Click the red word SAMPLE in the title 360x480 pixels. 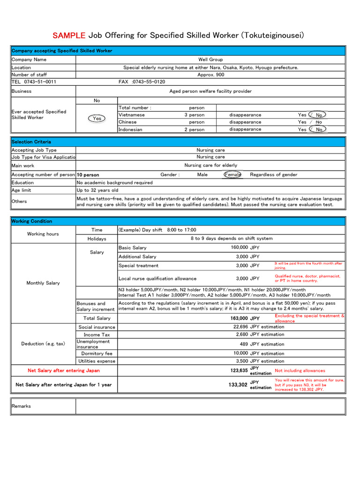(69, 35)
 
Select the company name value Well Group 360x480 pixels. (210, 60)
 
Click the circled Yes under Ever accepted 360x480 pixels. (97, 119)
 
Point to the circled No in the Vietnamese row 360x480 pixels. (319, 115)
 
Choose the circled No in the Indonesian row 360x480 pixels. (319, 129)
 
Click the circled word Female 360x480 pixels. (232, 175)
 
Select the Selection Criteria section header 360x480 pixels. (31, 142)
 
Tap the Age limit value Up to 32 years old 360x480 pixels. (97, 190)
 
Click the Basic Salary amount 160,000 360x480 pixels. (239, 247)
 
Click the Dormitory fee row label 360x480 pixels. (97, 353)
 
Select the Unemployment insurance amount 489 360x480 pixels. (243, 344)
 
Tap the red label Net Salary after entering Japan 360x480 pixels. (64, 370)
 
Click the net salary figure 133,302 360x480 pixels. (238, 385)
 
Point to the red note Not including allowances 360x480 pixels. (300, 370)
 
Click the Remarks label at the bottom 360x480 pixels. (21, 406)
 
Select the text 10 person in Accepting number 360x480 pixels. (88, 175)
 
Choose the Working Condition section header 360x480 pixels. (32, 221)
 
